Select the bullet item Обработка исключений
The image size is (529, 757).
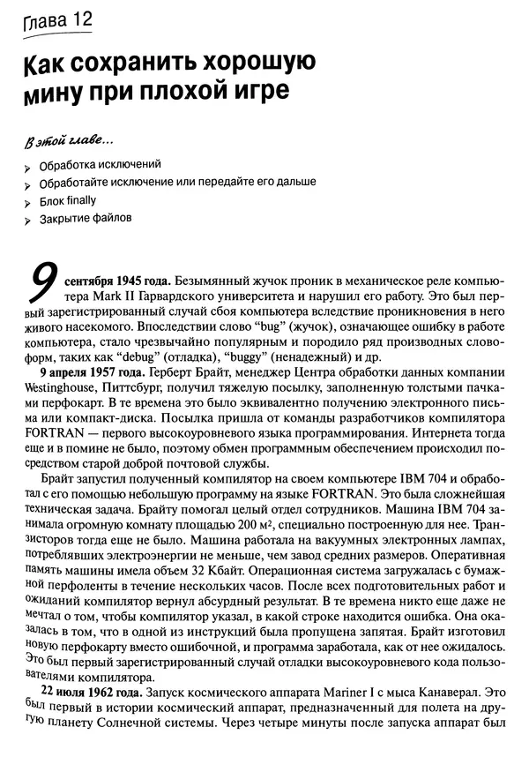[x=99, y=165]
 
